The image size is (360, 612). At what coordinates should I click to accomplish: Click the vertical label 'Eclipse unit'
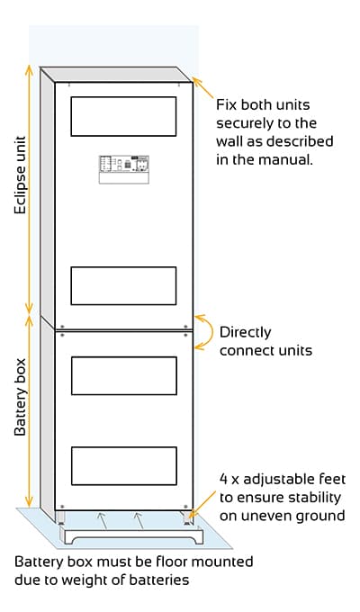pos(21,175)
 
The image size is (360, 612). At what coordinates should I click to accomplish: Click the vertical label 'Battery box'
pos(21,397)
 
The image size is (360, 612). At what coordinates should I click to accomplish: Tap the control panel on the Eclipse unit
pos(124,169)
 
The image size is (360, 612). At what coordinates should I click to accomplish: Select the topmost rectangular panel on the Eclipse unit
pos(123,116)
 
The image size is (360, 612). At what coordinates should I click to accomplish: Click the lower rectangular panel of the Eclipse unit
pos(123,285)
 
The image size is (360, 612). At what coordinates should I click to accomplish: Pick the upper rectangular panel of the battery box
pos(124,375)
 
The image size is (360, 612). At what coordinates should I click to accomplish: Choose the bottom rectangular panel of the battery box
pos(124,466)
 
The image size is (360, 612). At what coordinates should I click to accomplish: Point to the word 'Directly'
pos(245,332)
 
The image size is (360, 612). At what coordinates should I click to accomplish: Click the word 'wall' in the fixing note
pos(229,141)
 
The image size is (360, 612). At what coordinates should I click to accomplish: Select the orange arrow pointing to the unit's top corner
pos(203,88)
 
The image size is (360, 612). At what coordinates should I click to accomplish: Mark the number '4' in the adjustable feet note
pos(223,480)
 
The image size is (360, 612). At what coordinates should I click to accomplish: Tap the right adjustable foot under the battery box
pos(187,517)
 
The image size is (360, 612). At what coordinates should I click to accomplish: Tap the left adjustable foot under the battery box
pos(60,517)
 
